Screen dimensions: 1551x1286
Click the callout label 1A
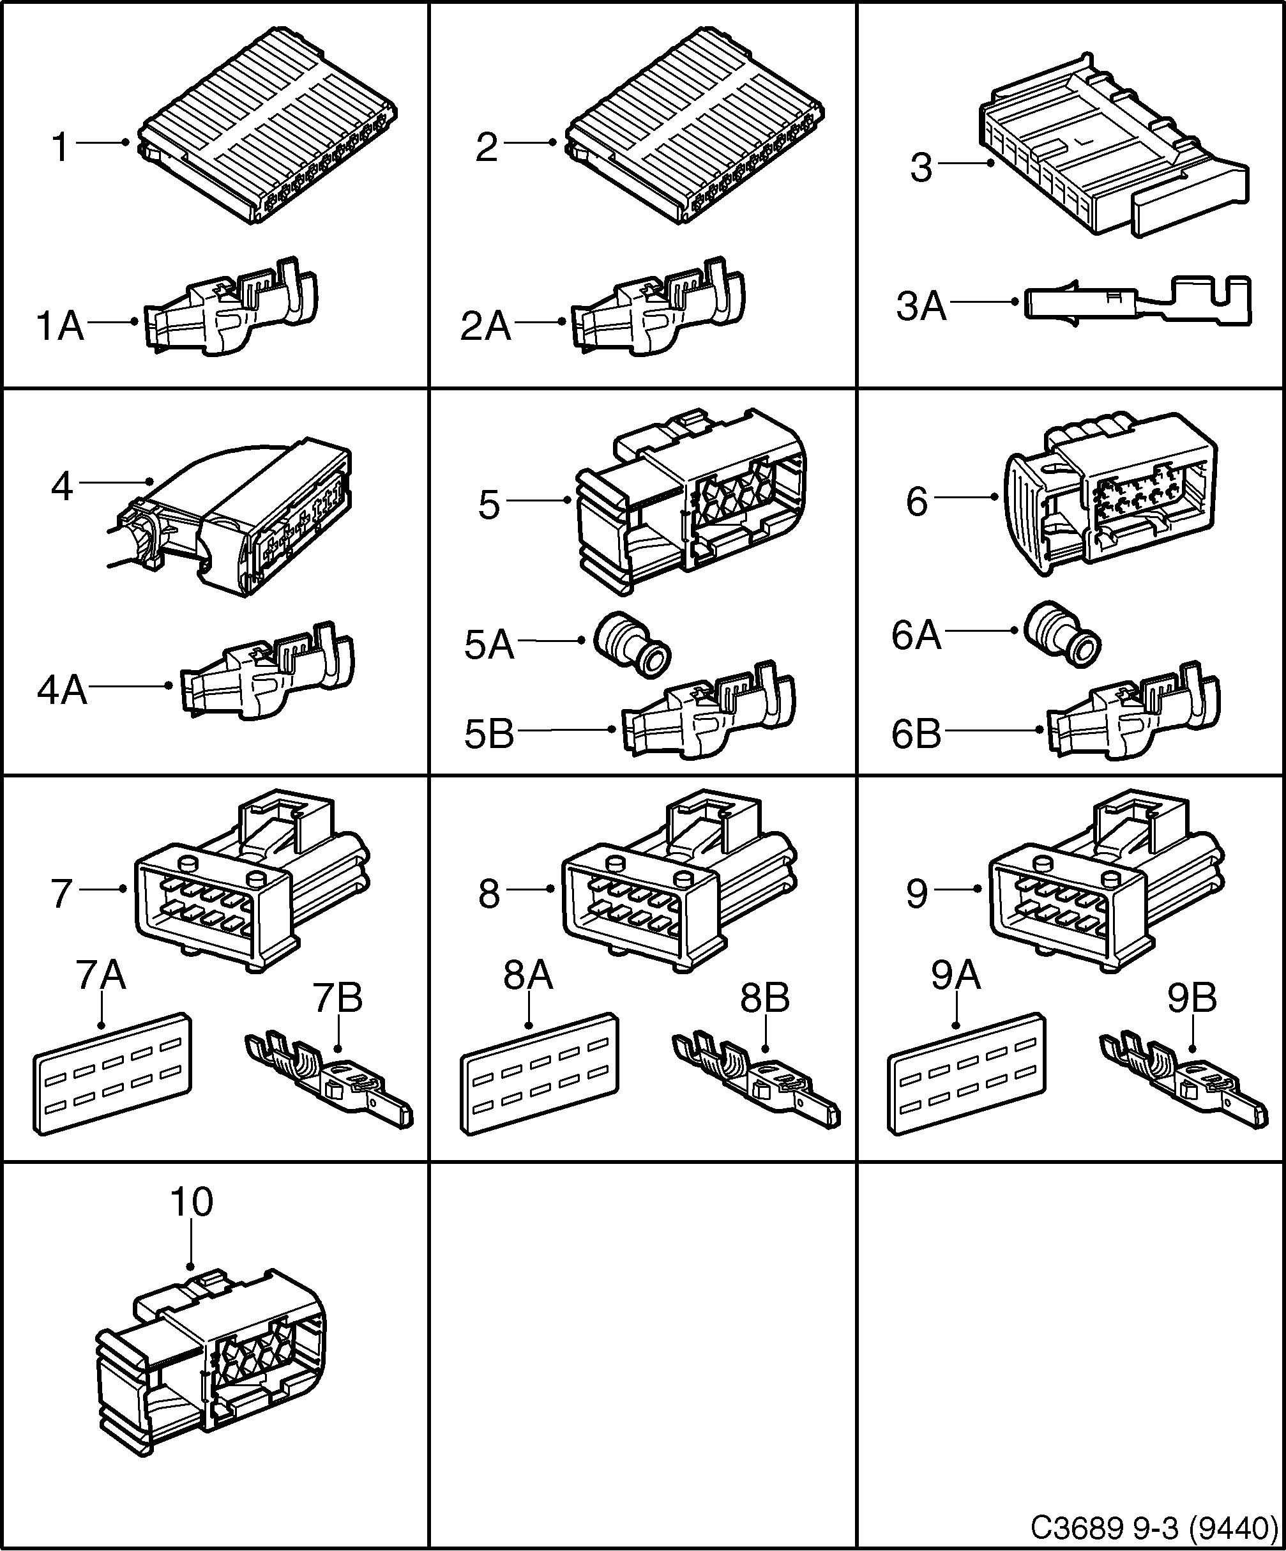(61, 326)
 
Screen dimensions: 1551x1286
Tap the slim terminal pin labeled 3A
(1137, 302)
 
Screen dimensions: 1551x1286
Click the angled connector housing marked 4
(244, 517)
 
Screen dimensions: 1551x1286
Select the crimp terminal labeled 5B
(709, 713)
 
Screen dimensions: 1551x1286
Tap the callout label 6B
(916, 734)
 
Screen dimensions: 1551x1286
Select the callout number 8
(488, 894)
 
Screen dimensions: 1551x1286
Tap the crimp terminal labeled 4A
(266, 676)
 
